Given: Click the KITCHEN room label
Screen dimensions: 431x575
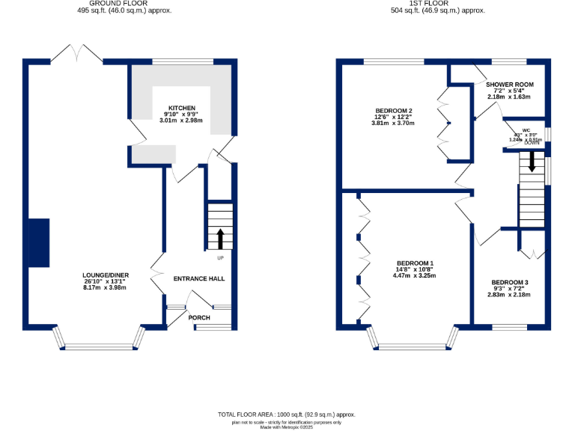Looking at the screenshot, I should tap(182, 107).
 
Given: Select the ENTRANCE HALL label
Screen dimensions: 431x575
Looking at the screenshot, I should tap(199, 278).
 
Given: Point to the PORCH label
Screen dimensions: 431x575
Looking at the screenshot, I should tap(199, 317).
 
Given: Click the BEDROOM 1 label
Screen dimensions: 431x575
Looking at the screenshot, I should tap(415, 263).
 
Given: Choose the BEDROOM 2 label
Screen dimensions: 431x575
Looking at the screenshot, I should tap(393, 111).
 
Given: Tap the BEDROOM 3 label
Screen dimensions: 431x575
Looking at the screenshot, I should tap(510, 282).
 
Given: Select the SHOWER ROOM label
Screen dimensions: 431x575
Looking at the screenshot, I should tap(509, 85).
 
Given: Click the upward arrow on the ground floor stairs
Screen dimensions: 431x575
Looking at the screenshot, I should tap(220, 238).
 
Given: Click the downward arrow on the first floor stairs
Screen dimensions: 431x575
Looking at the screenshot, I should tap(532, 161).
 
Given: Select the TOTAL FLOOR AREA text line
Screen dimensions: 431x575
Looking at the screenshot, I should tap(287, 414).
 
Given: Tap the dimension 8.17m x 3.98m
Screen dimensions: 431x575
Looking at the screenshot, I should tap(104, 287).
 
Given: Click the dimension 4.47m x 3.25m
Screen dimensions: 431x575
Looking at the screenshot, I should tap(415, 275).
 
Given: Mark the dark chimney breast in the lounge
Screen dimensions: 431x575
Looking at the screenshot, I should tap(38, 242).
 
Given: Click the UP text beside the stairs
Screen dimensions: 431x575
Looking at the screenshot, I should tap(220, 258).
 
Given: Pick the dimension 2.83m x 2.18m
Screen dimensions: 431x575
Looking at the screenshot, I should tap(510, 294).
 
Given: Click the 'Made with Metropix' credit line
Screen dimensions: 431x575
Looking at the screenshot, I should tap(287, 427).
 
